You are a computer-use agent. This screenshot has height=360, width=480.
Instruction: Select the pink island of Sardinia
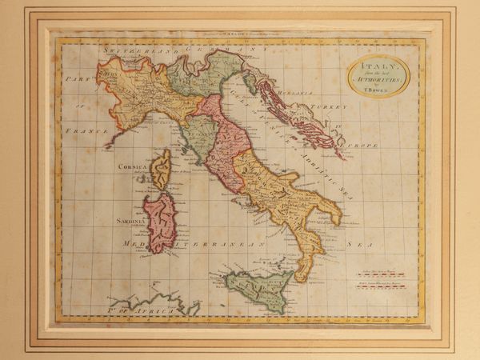tap(160, 222)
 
